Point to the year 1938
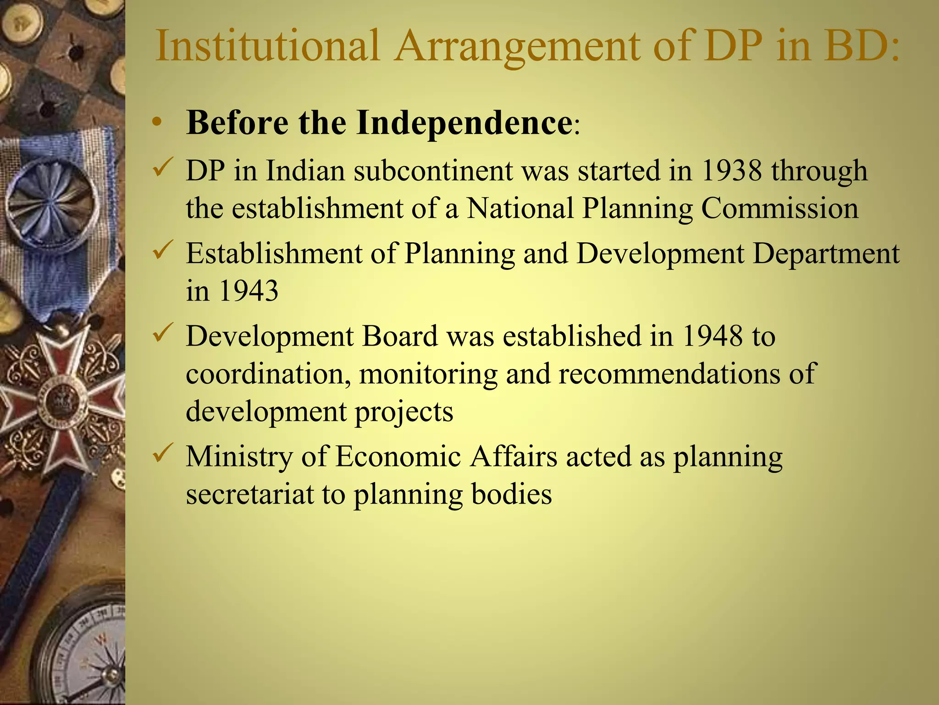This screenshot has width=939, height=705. click(732, 171)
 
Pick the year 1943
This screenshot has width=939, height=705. click(249, 291)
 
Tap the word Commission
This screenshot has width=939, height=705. click(779, 208)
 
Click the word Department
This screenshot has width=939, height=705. click(826, 253)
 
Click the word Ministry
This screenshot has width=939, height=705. click(239, 457)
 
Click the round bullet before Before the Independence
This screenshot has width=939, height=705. click(157, 123)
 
